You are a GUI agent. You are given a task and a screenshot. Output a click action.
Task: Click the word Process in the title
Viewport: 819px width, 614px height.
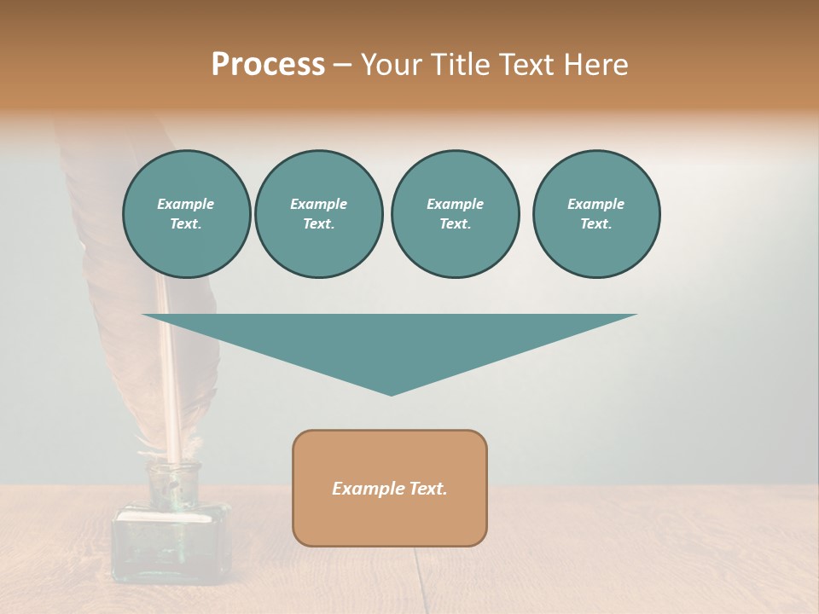(268, 65)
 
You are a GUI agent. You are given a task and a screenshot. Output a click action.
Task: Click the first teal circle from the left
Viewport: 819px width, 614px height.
(186, 214)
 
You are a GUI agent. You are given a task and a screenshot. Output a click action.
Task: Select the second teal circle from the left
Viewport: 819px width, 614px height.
(318, 214)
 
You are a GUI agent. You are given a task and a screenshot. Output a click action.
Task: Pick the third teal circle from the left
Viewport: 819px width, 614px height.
(455, 214)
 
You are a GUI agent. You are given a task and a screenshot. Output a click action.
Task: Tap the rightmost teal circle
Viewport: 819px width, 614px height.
(596, 214)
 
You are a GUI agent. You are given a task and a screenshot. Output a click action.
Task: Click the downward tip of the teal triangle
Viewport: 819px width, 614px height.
(392, 392)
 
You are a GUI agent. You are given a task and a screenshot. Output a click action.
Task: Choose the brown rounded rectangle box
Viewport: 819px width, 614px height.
(390, 520)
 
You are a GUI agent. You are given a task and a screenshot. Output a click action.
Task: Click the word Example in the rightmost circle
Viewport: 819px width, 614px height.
(595, 204)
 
